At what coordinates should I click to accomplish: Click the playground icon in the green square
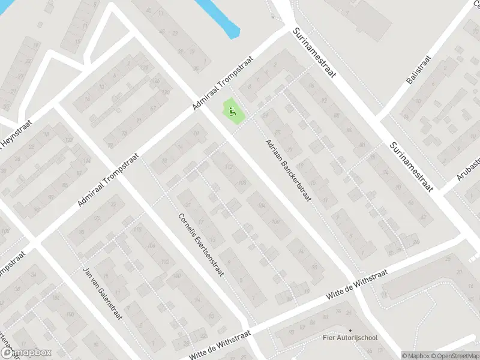(x=233, y=111)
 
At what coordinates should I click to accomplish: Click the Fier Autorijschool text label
(x=350, y=337)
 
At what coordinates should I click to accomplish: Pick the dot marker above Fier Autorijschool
(x=351, y=329)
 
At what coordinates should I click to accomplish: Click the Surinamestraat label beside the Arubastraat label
(x=411, y=166)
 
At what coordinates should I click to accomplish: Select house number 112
(x=227, y=167)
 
